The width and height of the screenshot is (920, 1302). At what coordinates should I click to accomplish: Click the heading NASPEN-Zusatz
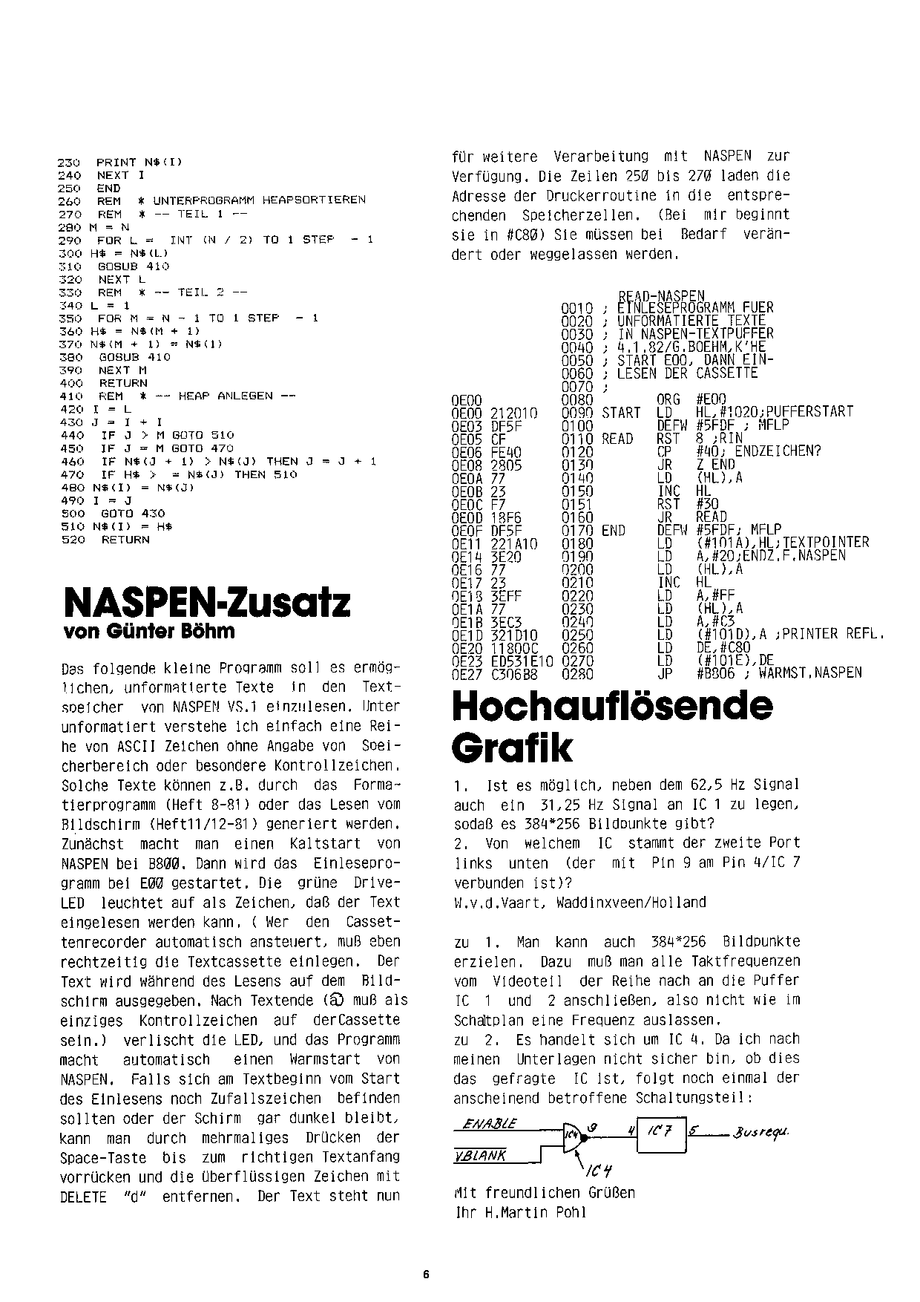pyautogui.click(x=207, y=602)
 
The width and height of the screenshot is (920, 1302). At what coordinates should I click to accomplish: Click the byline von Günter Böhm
pyautogui.click(x=150, y=631)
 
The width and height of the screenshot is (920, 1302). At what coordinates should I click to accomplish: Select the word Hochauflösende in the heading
pyautogui.click(x=612, y=706)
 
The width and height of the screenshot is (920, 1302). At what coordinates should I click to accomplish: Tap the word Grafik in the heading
pyautogui.click(x=512, y=748)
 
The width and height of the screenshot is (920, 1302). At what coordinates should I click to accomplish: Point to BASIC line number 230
pyautogui.click(x=68, y=162)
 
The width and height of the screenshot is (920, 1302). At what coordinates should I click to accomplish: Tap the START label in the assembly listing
pyautogui.click(x=621, y=412)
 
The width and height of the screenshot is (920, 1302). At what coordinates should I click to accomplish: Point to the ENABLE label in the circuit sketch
pyautogui.click(x=490, y=1125)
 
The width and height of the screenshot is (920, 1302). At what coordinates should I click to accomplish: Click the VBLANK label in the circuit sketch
pyautogui.click(x=480, y=1156)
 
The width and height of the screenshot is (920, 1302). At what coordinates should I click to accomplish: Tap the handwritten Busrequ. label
pyautogui.click(x=760, y=1133)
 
